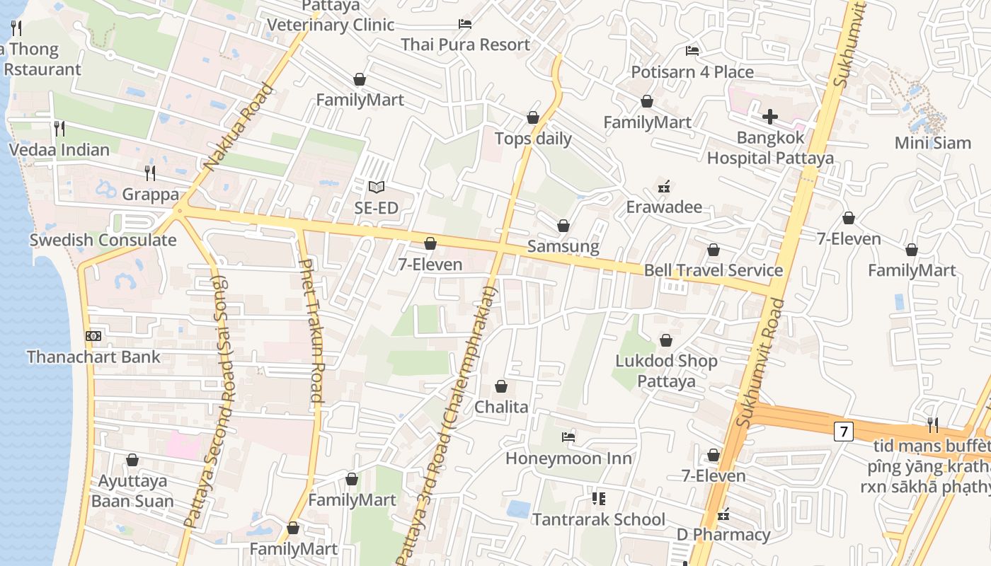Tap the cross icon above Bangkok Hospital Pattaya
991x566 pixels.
770,117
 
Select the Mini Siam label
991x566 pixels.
932,143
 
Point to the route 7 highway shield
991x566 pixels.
842,431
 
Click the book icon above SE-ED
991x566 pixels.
377,187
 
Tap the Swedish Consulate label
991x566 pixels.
103,240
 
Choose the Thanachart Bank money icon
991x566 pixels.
93,336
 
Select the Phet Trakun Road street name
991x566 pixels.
311,330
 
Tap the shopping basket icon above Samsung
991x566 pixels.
563,226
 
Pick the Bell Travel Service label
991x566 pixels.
713,270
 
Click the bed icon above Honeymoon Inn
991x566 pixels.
568,437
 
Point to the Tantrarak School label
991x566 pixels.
598,519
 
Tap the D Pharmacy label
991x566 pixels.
723,535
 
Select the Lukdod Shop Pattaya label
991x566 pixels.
666,371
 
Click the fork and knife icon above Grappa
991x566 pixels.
150,173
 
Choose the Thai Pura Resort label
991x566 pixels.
465,45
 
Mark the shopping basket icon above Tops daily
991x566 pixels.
533,117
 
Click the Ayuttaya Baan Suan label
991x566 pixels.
132,491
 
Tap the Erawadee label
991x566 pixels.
664,207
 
